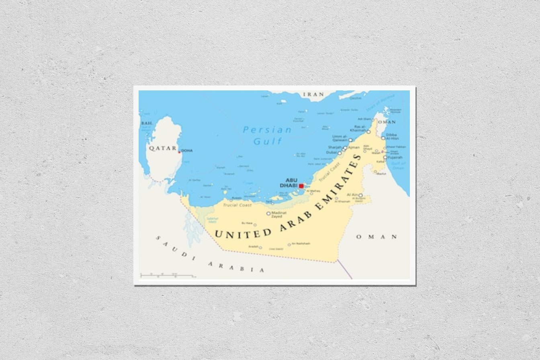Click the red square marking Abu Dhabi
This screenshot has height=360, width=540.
[x=301, y=186]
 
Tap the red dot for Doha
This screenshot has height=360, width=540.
[x=179, y=151]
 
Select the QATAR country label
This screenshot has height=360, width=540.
[x=162, y=148]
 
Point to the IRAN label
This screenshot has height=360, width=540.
[x=313, y=94]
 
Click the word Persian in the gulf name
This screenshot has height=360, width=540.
[x=267, y=130]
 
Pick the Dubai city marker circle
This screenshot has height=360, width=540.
[x=340, y=153]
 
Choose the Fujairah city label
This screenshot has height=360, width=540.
[x=395, y=157]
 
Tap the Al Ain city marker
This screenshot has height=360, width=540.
[x=360, y=195]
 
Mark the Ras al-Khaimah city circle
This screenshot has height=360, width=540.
[x=368, y=131]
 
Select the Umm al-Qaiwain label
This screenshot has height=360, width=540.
[x=340, y=138]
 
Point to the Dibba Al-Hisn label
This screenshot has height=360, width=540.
[x=391, y=136]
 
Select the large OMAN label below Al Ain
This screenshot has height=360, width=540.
[x=376, y=237]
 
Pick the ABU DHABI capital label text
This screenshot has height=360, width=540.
[x=291, y=183]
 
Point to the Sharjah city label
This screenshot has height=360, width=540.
[x=334, y=147]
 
